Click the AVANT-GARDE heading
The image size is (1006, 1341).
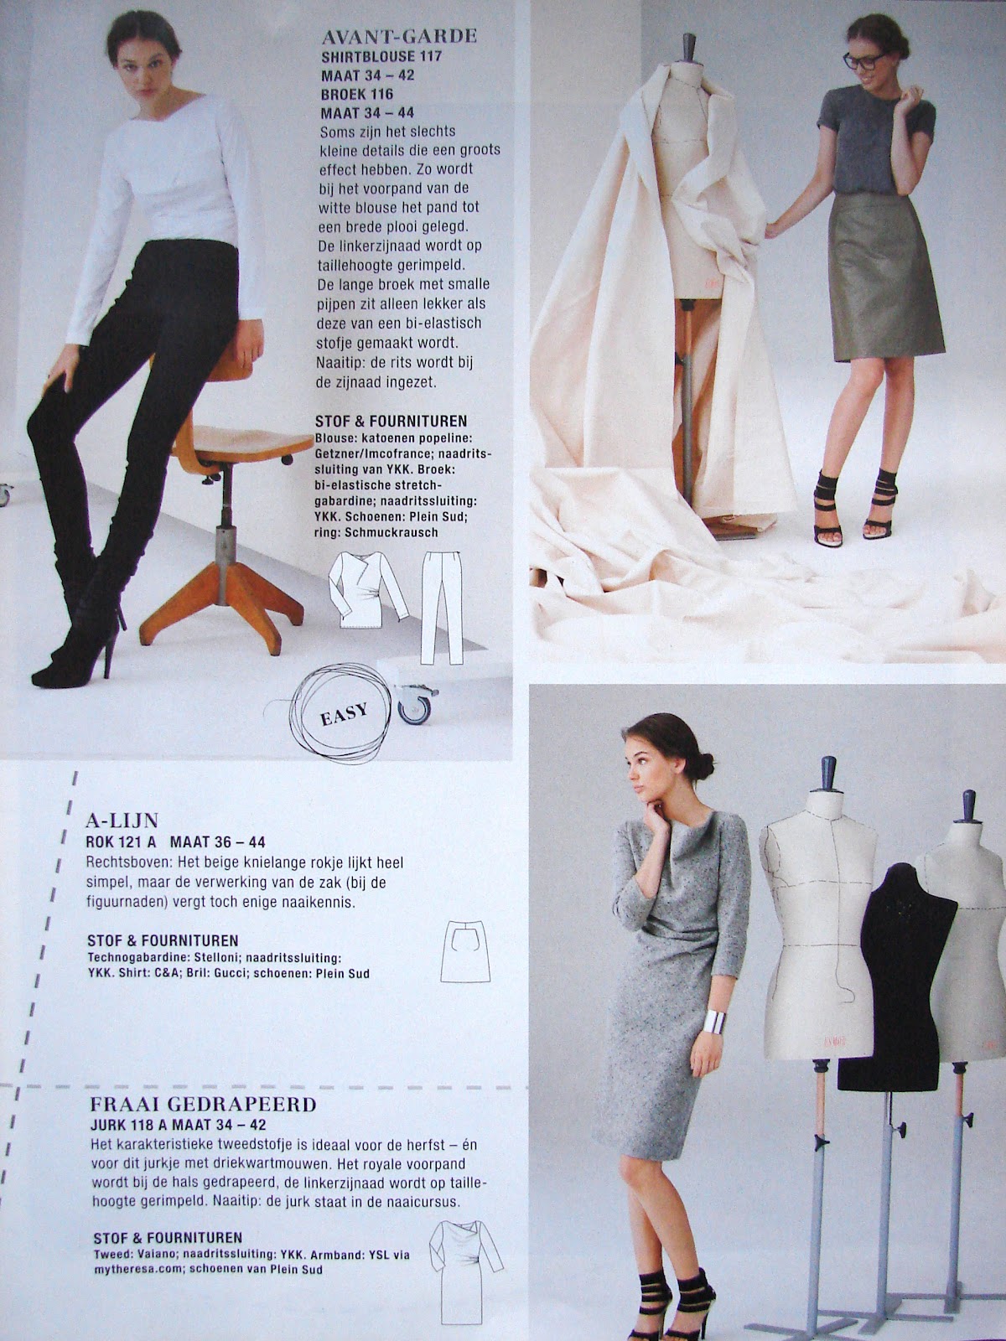point(399,37)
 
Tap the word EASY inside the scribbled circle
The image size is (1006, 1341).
point(344,713)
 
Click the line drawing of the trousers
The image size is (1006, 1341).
point(443,608)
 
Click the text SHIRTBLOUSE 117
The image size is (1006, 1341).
point(381,57)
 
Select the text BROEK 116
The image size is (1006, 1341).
point(357,94)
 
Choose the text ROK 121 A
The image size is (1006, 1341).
point(122,842)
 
